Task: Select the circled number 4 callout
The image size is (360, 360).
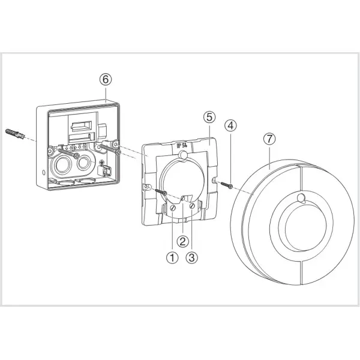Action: pos(231,126)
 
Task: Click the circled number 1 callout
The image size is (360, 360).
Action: pos(173,259)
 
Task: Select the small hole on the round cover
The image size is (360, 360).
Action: pos(299,199)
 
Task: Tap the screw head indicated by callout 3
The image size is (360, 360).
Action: pos(193,205)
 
